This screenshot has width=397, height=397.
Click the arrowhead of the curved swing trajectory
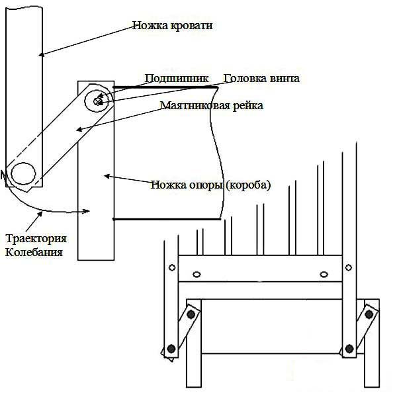pos(87,212)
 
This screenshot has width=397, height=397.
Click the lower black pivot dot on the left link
pos(171,348)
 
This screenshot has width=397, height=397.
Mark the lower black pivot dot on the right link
pos(349,348)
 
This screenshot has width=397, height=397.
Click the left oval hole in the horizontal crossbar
pos(197,275)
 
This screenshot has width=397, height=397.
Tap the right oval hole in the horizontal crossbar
pos(324,275)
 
